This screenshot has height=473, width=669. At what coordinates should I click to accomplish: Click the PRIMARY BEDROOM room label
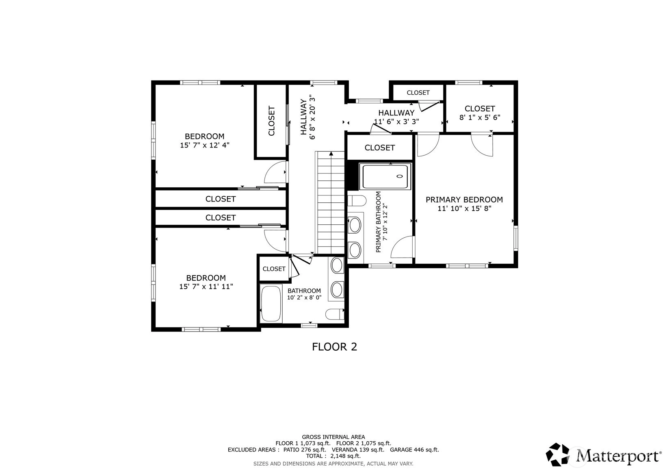[x=464, y=200]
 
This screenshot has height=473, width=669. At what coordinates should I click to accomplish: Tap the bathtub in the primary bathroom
[x=385, y=176]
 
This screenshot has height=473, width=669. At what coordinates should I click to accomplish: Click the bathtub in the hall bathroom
[x=271, y=303]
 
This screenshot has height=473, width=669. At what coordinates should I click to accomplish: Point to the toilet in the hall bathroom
[x=335, y=315]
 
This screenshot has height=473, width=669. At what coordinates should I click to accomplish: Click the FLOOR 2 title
[x=335, y=347]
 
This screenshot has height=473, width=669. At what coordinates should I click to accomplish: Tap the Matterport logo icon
[x=557, y=454]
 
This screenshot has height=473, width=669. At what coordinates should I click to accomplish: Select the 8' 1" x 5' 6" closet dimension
[x=480, y=117]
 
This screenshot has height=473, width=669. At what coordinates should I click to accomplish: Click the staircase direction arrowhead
[x=331, y=154]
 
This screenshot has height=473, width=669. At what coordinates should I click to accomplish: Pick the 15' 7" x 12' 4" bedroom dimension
[x=205, y=145]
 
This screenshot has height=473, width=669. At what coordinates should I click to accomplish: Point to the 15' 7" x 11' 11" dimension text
[x=206, y=286]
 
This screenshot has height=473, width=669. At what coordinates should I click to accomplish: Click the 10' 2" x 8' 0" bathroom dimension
[x=304, y=297]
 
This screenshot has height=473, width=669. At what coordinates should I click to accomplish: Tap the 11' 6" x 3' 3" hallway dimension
[x=396, y=122]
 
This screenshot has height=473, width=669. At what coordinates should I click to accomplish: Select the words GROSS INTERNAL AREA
[x=333, y=437]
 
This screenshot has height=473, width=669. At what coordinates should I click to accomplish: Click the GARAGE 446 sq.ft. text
[x=415, y=450]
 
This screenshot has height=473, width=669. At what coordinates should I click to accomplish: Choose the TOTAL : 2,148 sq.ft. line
[x=333, y=456]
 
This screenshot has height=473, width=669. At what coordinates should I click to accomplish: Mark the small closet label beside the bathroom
[x=274, y=269]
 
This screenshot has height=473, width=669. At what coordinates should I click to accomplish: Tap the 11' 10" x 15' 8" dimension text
[x=464, y=208]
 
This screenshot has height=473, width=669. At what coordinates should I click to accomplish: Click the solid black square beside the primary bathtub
[x=353, y=175]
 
